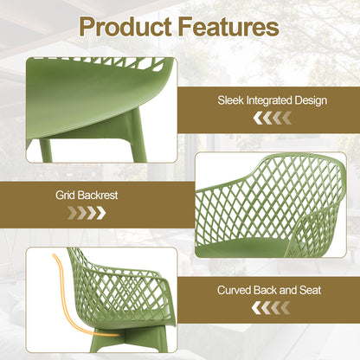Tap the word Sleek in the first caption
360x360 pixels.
[x=231, y=101]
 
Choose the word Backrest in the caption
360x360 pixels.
[x=96, y=195]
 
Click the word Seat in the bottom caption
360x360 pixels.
[x=310, y=290]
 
